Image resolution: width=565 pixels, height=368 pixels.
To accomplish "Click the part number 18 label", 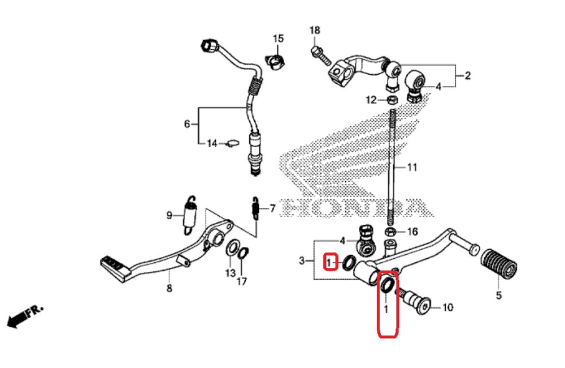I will pyautogui.click(x=315, y=30).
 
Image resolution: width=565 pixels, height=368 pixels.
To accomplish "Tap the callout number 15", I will pyautogui.click(x=278, y=38).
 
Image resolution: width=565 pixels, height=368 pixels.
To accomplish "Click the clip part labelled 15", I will pyautogui.click(x=275, y=59).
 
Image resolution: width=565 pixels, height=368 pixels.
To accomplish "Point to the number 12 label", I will pyautogui.click(x=370, y=100).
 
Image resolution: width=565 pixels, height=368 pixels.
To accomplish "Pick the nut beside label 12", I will pyautogui.click(x=390, y=100).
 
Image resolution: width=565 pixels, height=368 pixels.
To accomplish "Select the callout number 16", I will pyautogui.click(x=412, y=232).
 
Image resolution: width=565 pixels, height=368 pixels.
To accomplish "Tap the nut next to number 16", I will pyautogui.click(x=390, y=232).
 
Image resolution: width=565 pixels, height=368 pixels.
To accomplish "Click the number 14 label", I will pyautogui.click(x=211, y=144).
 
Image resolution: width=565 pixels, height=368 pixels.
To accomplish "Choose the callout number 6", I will pyautogui.click(x=187, y=124).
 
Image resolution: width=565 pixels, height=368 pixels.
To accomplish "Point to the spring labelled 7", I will pyautogui.click(x=255, y=208).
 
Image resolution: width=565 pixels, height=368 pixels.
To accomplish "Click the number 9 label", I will pyautogui.click(x=169, y=215).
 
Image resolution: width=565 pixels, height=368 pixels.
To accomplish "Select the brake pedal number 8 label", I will pyautogui.click(x=168, y=289).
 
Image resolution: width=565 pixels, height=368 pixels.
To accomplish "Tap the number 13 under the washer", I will pyautogui.click(x=229, y=273).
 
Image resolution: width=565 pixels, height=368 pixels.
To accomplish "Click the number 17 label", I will pyautogui.click(x=242, y=281).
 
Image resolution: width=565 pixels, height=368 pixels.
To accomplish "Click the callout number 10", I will pyautogui.click(x=447, y=308).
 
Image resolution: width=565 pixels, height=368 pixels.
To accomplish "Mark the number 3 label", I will pyautogui.click(x=302, y=261).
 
